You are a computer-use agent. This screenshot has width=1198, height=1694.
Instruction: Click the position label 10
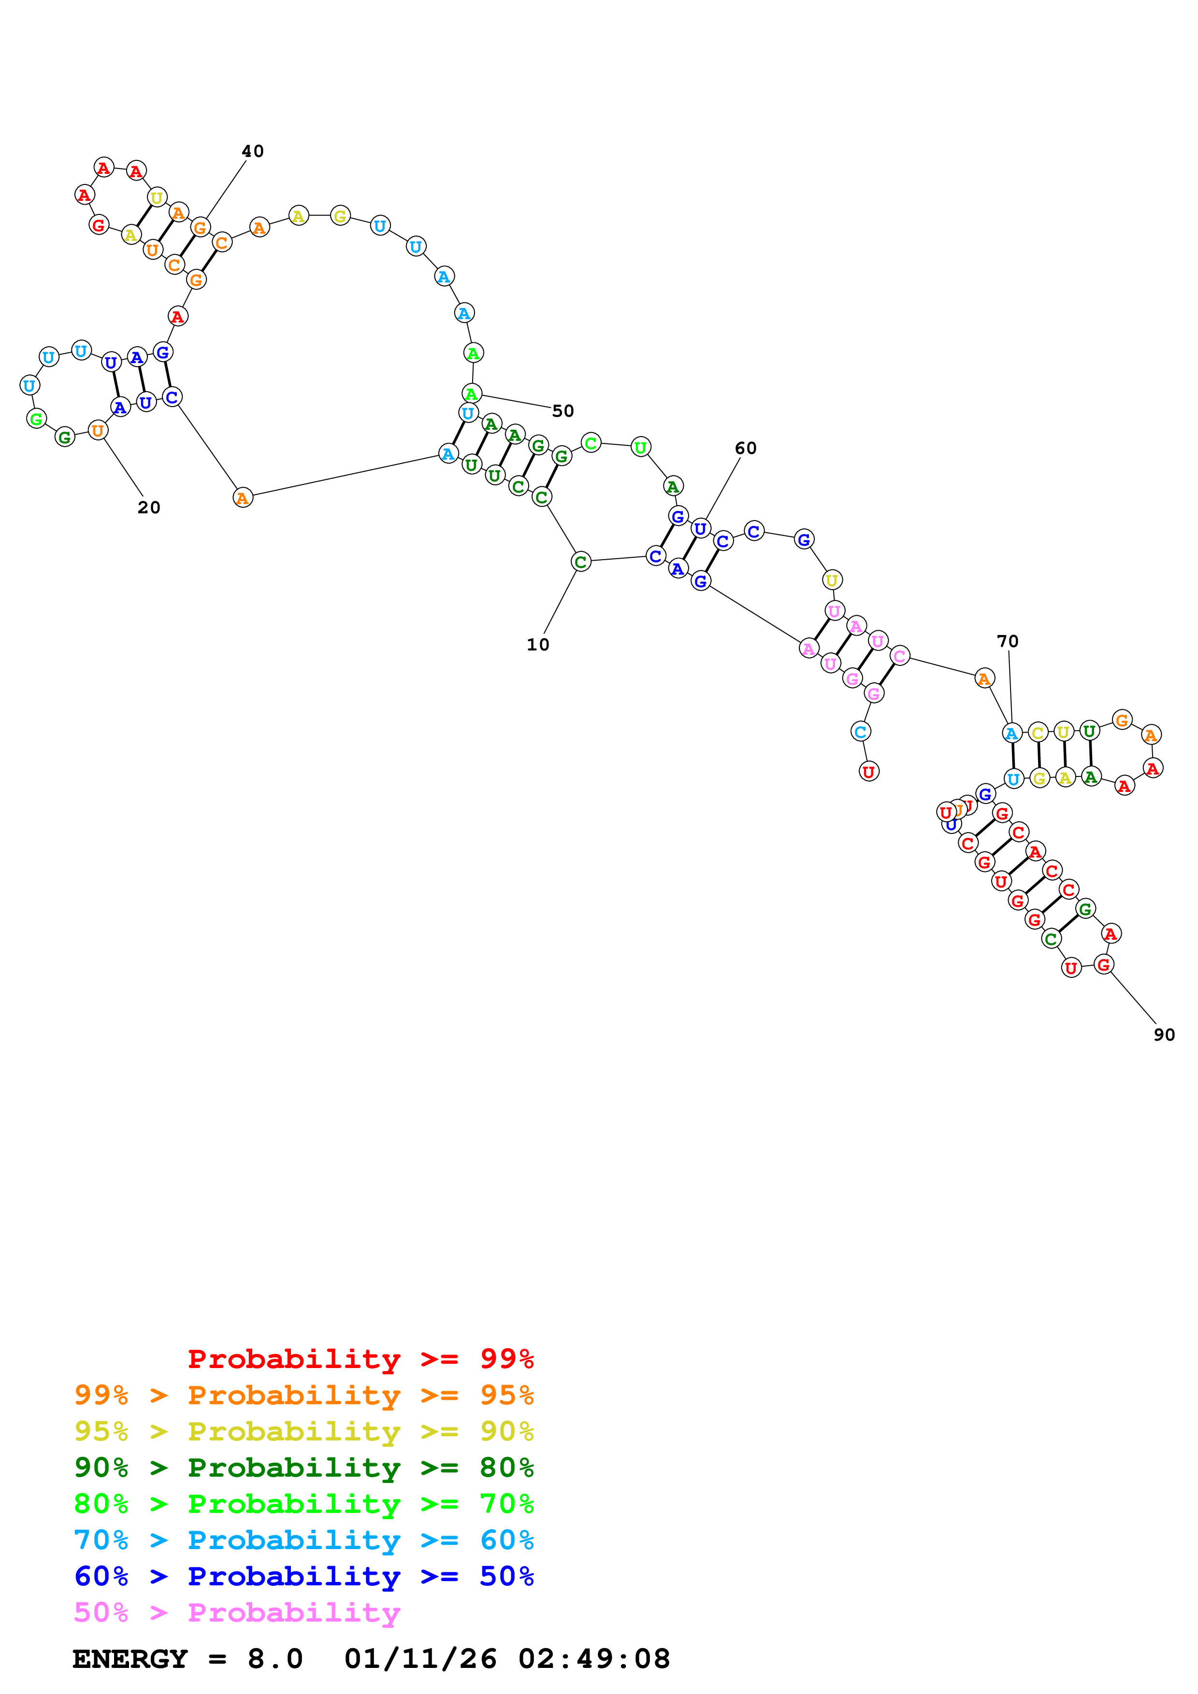(537, 644)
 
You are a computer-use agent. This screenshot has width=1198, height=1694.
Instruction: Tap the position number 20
(148, 508)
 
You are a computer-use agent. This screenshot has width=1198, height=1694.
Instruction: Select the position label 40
(252, 151)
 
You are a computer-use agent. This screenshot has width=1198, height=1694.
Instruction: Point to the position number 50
(563, 411)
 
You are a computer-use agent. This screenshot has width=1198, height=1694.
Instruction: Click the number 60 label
(746, 448)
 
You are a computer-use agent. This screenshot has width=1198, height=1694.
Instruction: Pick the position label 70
(1008, 641)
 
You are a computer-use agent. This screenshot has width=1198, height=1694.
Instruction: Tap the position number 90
(1164, 1034)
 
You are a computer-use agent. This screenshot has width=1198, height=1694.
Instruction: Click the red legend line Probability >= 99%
(360, 1358)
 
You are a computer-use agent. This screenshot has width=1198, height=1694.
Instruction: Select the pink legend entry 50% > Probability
(237, 1612)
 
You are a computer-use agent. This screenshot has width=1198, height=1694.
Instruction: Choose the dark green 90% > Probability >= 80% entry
(303, 1468)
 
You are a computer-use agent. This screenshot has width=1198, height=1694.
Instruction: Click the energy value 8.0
(274, 1659)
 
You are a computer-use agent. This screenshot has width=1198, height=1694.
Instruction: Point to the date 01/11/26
(420, 1659)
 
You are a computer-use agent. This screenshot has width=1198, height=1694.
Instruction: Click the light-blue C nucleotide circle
(860, 731)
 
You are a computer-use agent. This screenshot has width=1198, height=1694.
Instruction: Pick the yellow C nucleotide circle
(1038, 733)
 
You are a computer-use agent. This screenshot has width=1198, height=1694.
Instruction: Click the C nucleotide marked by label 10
(581, 562)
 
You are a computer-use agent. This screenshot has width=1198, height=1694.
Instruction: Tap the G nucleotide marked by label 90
(1103, 963)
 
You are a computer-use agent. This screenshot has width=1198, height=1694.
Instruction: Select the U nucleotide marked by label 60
(700, 528)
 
